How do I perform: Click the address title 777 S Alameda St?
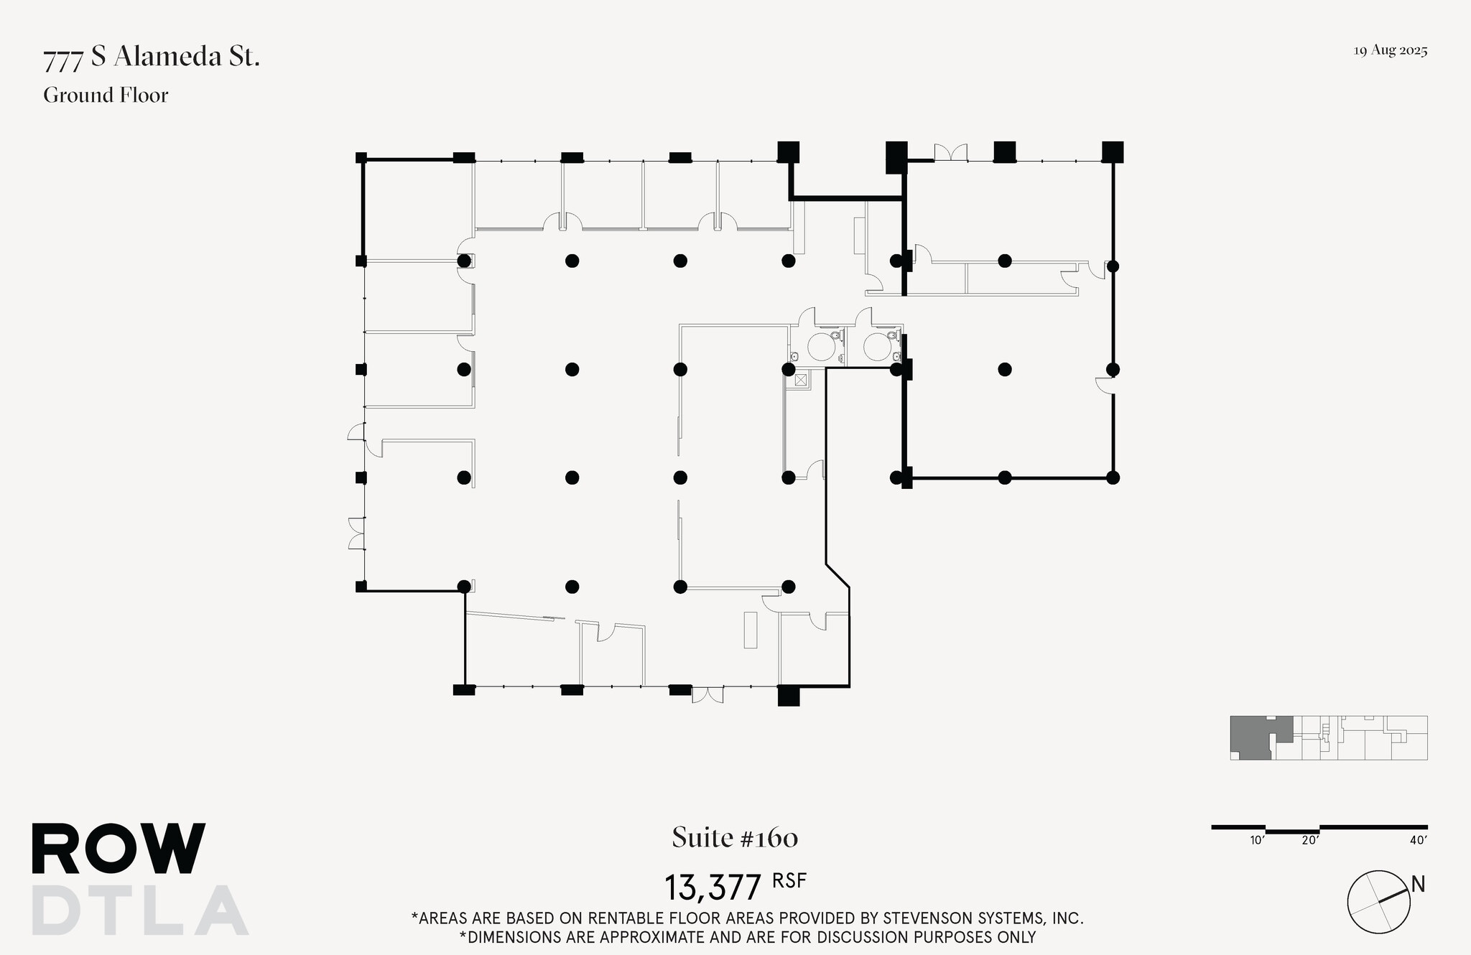[x=152, y=57]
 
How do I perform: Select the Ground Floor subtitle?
[x=106, y=95]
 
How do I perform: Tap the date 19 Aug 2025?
[x=1390, y=51]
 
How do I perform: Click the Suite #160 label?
[x=735, y=838]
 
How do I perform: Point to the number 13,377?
[x=712, y=888]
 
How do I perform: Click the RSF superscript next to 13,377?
[x=789, y=880]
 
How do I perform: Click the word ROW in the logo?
[x=119, y=849]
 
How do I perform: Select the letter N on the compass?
[x=1418, y=885]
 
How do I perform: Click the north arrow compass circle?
[x=1378, y=902]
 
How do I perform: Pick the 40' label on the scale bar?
[x=1418, y=840]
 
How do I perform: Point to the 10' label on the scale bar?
[x=1256, y=840]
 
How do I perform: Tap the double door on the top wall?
[x=950, y=152]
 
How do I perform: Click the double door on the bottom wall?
[x=707, y=695]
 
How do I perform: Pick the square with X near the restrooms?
[x=800, y=379]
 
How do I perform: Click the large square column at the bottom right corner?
[x=789, y=695]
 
